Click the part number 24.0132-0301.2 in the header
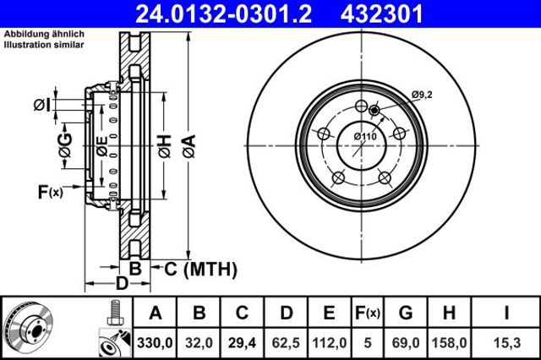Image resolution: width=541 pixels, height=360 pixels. coord(223,14)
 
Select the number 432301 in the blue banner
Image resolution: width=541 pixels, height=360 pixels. coord(381,14)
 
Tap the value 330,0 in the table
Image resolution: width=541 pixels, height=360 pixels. coord(155,343)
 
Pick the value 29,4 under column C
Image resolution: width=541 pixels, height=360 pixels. coord(242,343)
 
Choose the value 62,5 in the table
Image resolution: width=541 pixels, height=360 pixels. coord(286,343)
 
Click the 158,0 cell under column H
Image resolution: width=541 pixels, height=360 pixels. coord(449,343)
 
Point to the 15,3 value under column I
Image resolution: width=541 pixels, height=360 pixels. coord(506,343)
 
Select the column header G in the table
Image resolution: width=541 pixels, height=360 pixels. coord(406,313)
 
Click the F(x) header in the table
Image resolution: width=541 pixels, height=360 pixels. coord(368,314)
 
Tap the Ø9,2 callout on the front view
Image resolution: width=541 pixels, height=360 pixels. coord(422,94)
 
